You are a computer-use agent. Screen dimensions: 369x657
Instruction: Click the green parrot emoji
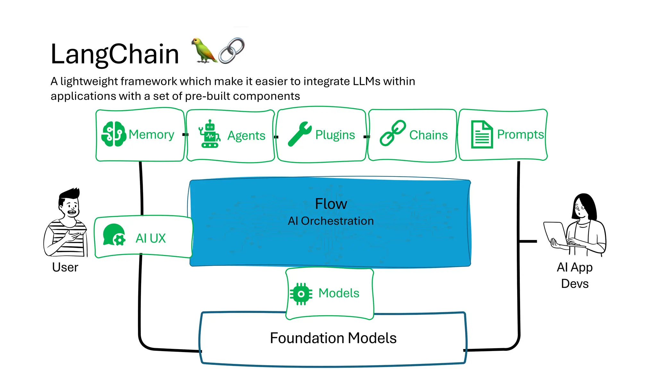[x=203, y=51]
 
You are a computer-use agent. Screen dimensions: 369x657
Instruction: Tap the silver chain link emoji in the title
[x=232, y=51]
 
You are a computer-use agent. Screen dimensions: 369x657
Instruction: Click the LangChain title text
[x=115, y=54]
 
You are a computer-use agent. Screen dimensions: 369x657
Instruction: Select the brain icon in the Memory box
[x=113, y=134]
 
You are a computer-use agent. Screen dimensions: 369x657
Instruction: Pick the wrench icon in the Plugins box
[x=299, y=134]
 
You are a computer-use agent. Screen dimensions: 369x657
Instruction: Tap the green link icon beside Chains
[x=392, y=133]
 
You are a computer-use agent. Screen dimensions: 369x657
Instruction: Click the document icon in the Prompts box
[x=482, y=135]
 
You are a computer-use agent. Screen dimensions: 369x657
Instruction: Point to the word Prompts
[x=520, y=135]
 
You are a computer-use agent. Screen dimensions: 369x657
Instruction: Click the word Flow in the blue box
[x=331, y=204]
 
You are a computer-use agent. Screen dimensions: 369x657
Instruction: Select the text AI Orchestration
[x=331, y=221]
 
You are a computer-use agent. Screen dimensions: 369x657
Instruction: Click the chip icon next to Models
[x=301, y=293]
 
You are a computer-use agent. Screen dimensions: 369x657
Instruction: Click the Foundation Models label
[x=333, y=338]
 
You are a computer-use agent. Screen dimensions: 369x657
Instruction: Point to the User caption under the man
[x=65, y=267]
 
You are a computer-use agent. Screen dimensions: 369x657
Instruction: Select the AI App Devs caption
[x=575, y=275]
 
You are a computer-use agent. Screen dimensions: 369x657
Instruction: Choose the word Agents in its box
[x=246, y=135]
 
